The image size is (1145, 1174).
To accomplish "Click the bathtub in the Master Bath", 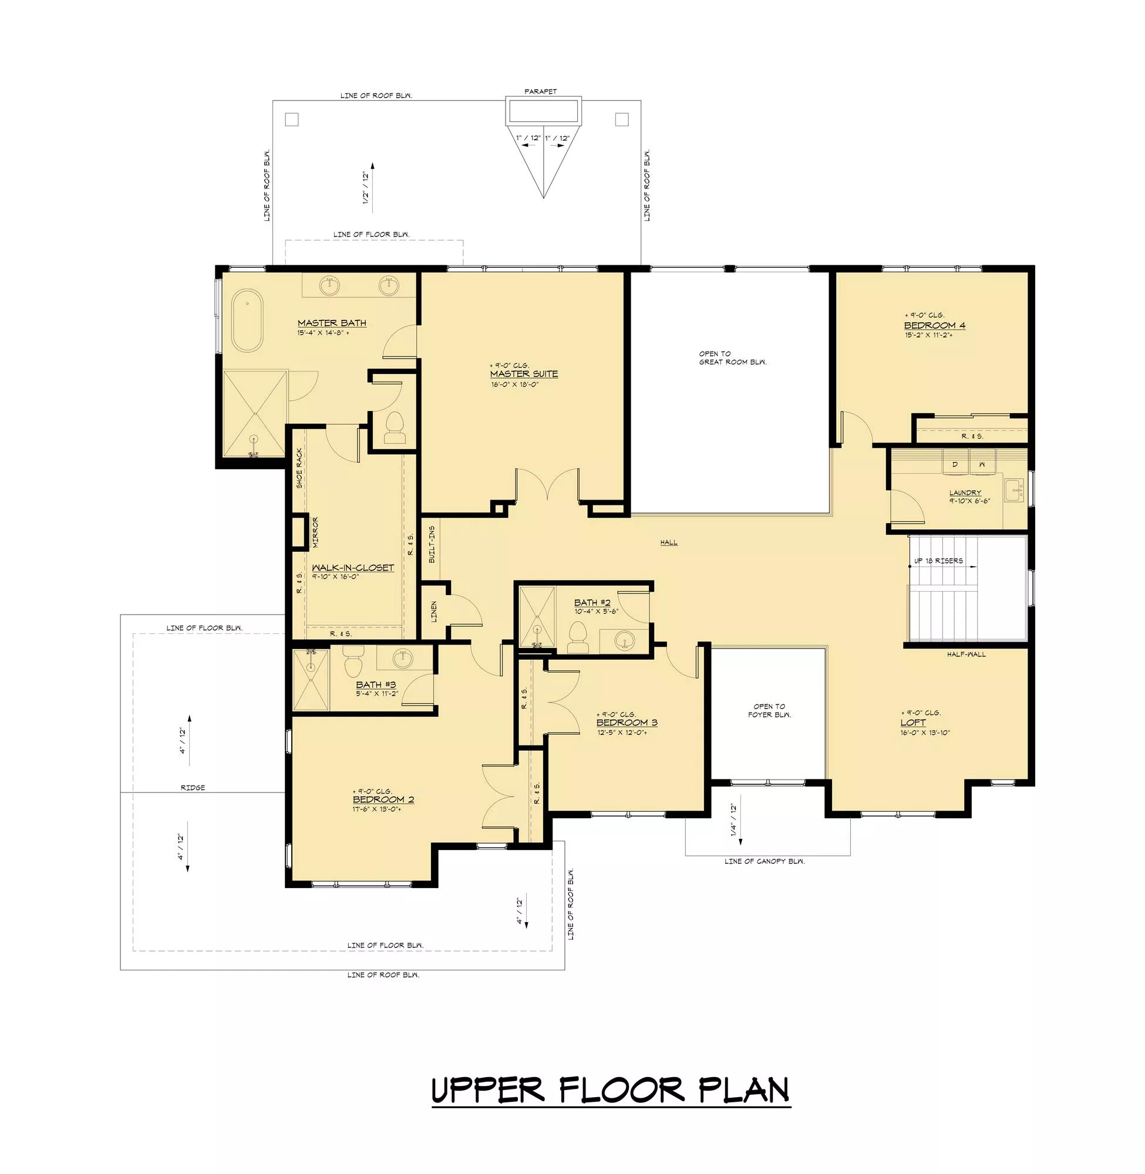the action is [247, 321].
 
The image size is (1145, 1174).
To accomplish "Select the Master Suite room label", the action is [524, 374].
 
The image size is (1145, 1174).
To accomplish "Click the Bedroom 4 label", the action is [935, 326].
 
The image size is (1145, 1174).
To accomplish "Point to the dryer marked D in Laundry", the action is [954, 465].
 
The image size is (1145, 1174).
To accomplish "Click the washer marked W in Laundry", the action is [981, 465].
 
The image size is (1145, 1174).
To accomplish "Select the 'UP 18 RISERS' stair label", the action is [938, 561].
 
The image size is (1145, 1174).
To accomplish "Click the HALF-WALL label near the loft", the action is [966, 654].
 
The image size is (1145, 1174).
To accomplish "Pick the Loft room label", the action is [913, 723].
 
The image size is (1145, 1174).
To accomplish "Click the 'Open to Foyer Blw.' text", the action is [769, 710].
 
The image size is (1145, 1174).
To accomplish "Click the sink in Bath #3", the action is [403, 658].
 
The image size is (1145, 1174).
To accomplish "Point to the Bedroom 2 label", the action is [383, 799].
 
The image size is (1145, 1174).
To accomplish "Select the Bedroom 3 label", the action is [627, 723].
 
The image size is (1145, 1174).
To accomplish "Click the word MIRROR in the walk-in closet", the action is [315, 532].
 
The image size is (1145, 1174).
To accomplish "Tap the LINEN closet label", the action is [433, 611].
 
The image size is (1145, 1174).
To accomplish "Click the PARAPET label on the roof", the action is [541, 92].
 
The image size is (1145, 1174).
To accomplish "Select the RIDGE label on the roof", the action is [193, 788].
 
